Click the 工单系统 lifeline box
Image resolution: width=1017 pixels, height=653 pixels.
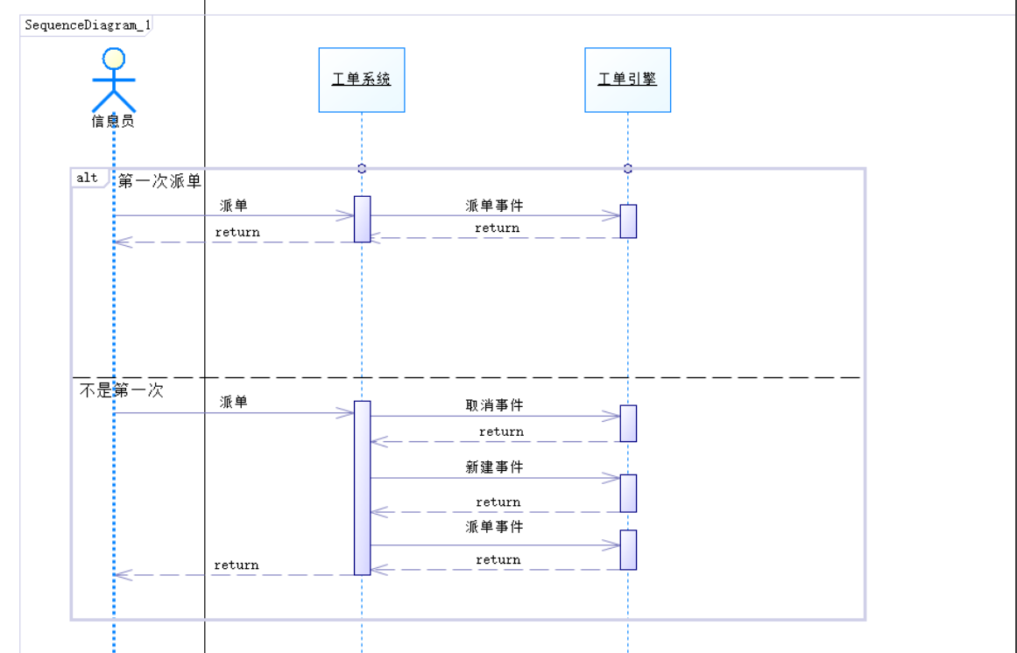pyautogui.click(x=362, y=80)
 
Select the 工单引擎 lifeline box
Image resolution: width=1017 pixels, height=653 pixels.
pyautogui.click(x=627, y=80)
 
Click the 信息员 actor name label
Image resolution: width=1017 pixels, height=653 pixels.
pyautogui.click(x=113, y=121)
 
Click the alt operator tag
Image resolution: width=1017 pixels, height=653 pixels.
pyautogui.click(x=87, y=178)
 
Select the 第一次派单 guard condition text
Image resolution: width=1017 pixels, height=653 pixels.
pyautogui.click(x=159, y=181)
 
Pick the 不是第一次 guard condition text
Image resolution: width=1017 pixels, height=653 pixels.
pyautogui.click(x=122, y=390)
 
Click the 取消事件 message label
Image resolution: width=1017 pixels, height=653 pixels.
pyautogui.click(x=494, y=405)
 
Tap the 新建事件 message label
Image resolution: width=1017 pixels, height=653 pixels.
pyautogui.click(x=494, y=467)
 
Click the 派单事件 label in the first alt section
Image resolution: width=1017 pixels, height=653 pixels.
pyautogui.click(x=494, y=206)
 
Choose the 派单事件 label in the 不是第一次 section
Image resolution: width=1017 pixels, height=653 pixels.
pyautogui.click(x=494, y=527)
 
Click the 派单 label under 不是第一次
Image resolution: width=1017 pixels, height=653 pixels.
pyautogui.click(x=234, y=402)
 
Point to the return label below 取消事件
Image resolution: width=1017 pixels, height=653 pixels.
pyautogui.click(x=501, y=432)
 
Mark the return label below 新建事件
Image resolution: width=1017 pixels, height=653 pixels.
pyautogui.click(x=498, y=502)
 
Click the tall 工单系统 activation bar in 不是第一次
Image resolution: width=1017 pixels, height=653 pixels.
pyautogui.click(x=362, y=488)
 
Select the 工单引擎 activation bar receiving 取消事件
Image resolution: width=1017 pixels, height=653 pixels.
pyautogui.click(x=628, y=423)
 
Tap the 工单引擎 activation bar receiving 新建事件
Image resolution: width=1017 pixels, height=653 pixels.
pyautogui.click(x=628, y=493)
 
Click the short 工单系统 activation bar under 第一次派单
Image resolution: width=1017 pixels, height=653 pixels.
pyautogui.click(x=362, y=219)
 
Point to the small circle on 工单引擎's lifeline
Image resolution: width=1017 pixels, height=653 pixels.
pyautogui.click(x=627, y=168)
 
